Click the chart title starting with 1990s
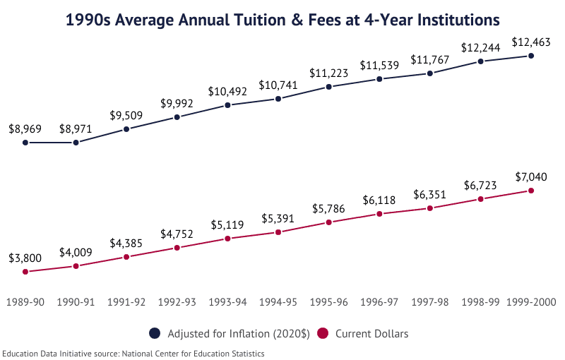click(x=282, y=20)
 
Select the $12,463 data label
click(x=531, y=42)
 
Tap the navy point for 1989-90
click(x=25, y=143)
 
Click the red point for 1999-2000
click(x=531, y=191)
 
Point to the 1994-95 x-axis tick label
click(x=278, y=301)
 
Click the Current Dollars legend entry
click(x=364, y=333)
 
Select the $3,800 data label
click(x=25, y=258)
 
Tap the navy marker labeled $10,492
click(x=227, y=105)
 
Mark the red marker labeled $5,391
click(x=278, y=232)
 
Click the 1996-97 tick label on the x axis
click(x=379, y=301)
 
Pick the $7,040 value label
click(x=531, y=176)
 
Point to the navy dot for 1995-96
click(x=329, y=87)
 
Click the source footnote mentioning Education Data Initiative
click(x=133, y=353)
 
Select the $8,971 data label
click(x=76, y=128)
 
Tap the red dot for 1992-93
click(x=177, y=248)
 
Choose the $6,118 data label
click(x=379, y=200)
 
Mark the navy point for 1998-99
click(x=480, y=61)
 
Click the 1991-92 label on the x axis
click(x=126, y=301)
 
